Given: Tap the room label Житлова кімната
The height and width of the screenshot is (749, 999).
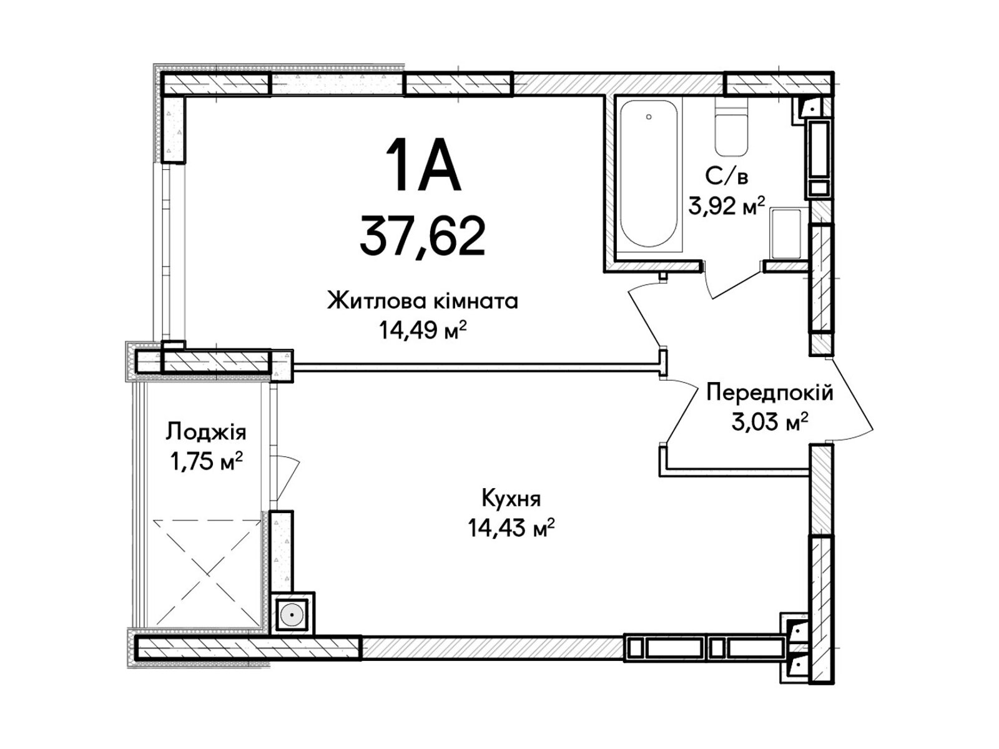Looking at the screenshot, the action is tap(423, 301).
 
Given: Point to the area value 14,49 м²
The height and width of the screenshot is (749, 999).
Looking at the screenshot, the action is tap(423, 331).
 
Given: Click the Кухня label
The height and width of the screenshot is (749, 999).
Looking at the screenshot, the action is tap(511, 499).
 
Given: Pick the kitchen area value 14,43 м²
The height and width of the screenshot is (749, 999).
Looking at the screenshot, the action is tap(511, 528).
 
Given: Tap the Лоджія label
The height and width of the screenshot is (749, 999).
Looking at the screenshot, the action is tap(205, 431).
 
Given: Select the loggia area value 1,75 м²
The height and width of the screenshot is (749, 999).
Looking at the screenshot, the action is tap(205, 462).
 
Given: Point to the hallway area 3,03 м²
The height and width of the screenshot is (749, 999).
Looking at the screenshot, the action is tap(770, 422).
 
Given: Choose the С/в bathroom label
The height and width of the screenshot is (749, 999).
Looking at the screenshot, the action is tap(726, 177).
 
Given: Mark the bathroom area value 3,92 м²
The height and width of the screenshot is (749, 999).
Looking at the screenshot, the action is tap(726, 206).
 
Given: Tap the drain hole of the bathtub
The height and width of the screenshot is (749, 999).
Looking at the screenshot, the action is tap(649, 117).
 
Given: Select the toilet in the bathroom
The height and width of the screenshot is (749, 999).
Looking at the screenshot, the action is tap(731, 127).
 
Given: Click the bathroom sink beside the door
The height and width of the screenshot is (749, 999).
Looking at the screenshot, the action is tap(787, 233).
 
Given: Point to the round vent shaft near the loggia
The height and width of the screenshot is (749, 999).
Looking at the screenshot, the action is tap(292, 616).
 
